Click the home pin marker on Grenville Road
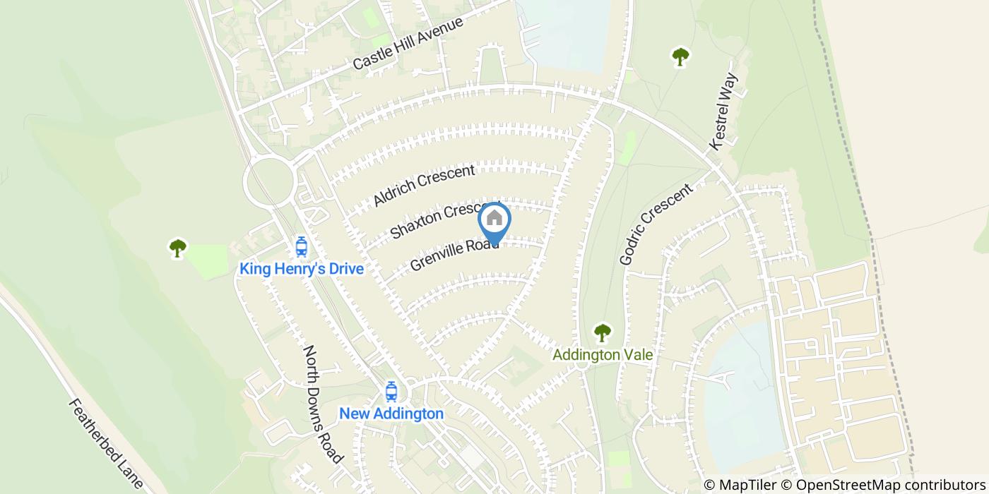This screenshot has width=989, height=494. pos(494,221)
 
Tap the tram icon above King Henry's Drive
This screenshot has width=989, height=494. pos(302,247)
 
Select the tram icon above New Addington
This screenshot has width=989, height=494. pos(391,391)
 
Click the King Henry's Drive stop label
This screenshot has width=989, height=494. pos(302,269)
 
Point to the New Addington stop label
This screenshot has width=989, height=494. pos(391,414)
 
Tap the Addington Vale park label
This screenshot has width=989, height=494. pos(603,354)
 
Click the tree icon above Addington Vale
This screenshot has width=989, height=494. pos(602,332)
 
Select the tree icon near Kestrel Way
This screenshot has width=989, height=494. pos(680,56)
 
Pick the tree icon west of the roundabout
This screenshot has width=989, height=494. pos(177,248)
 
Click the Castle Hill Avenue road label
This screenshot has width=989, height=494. pos(408,43)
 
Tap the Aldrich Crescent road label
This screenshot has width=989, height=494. pos(425,186)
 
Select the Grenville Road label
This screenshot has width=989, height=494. pos(454,255)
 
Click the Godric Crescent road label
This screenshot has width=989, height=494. pos(656,224)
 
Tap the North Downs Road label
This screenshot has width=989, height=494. pos(323,404)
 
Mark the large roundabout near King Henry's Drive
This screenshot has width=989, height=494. pos(268,181)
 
